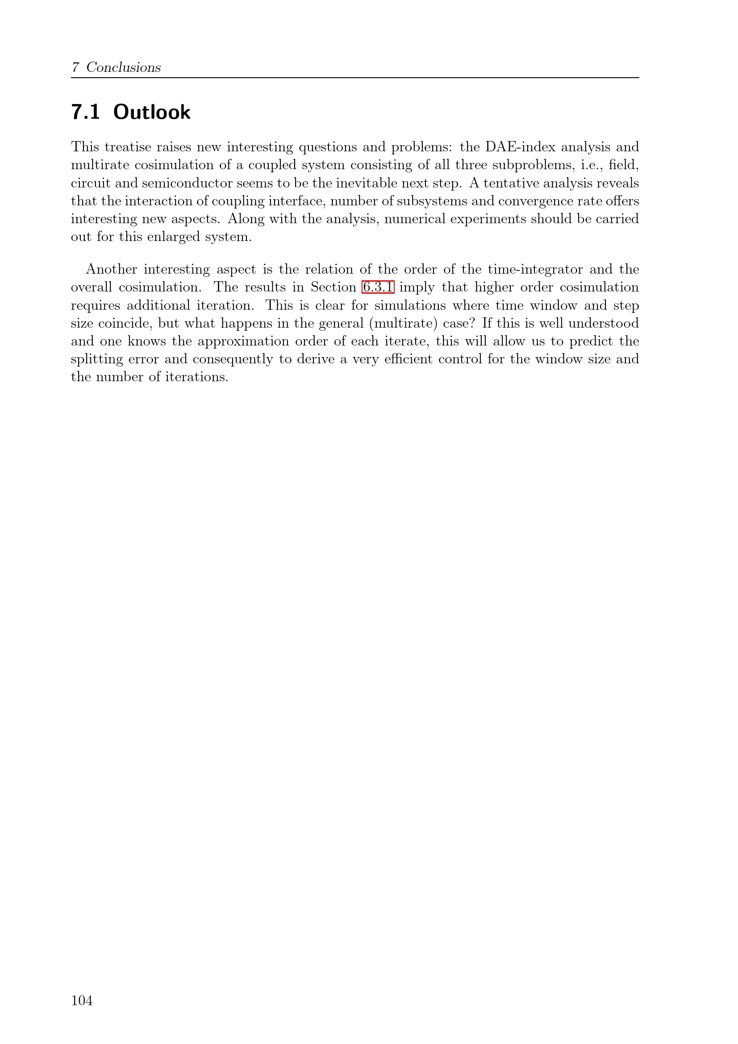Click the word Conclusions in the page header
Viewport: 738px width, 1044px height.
[x=123, y=67]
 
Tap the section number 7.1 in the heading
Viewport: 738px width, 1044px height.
[x=85, y=112]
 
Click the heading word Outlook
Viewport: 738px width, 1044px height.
[x=152, y=112]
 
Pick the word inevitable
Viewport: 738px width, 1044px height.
[x=366, y=183]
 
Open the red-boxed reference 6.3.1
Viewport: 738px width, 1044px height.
[x=378, y=287]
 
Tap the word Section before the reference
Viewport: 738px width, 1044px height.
[x=334, y=287]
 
